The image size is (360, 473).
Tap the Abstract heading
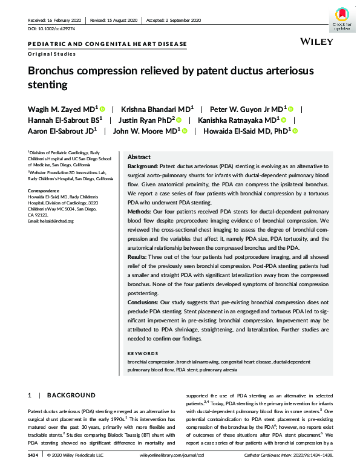pos(140,156)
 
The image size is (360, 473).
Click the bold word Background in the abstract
pos(143,165)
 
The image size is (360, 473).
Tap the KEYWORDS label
pos(143,353)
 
